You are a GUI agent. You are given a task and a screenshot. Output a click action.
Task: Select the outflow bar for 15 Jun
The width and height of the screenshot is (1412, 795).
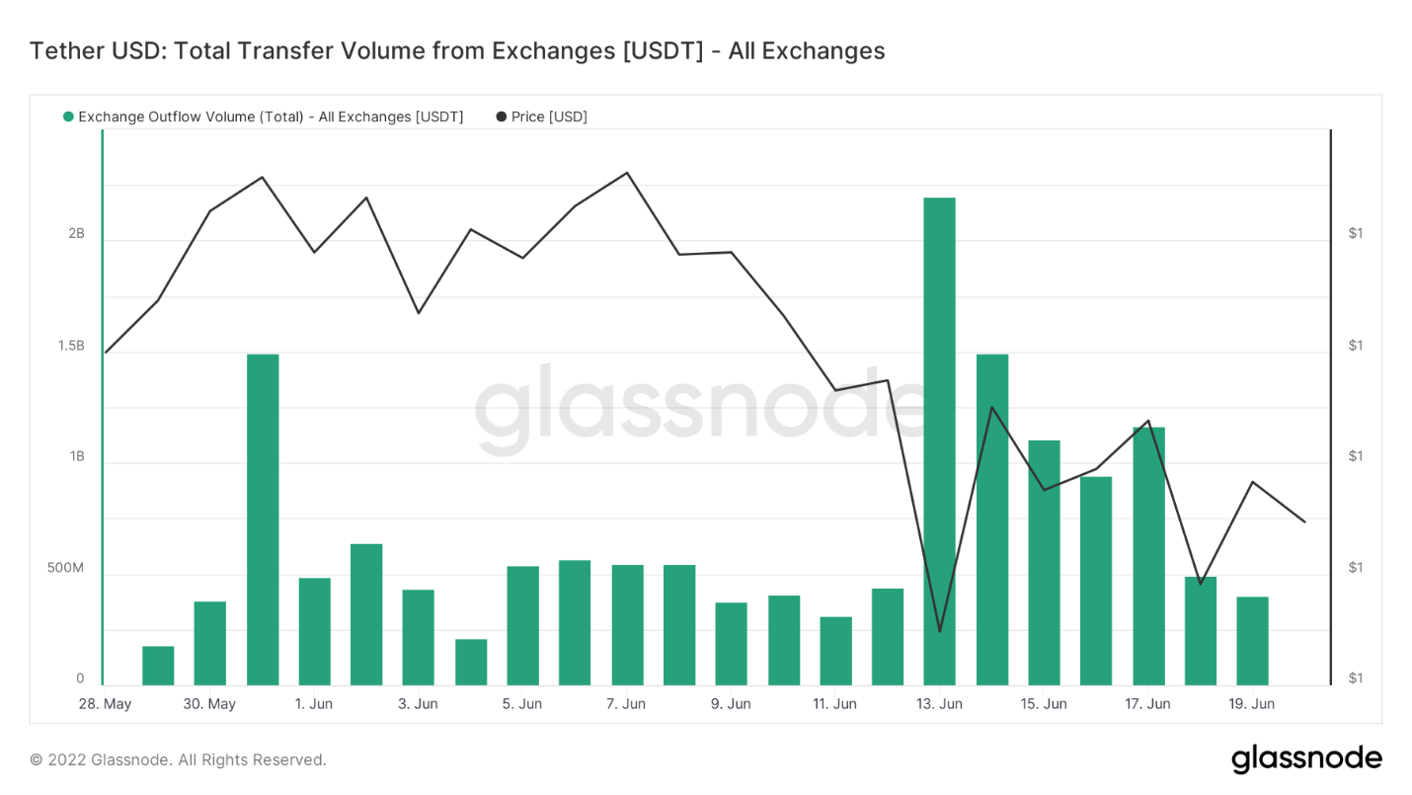coord(1044,562)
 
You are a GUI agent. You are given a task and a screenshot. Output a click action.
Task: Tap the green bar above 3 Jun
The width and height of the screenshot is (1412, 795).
coord(418,637)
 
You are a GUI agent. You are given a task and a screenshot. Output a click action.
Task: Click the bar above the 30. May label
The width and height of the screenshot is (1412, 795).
coord(210,643)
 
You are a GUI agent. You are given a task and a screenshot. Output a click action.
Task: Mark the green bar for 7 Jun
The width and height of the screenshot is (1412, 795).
coord(627,624)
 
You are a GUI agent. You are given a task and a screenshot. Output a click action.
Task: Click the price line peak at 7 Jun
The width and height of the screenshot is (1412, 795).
coord(627,173)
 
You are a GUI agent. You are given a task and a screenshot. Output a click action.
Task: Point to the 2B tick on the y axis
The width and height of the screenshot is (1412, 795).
coord(76,233)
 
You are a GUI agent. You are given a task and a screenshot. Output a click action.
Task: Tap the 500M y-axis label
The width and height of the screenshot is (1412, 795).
coord(65,568)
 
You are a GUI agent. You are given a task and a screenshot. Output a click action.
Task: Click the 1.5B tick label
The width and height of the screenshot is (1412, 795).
coord(71,346)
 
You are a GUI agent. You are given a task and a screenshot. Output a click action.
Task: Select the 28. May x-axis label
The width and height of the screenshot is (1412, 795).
coord(105,704)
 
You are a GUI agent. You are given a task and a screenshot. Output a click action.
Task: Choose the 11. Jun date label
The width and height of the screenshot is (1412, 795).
coord(834,704)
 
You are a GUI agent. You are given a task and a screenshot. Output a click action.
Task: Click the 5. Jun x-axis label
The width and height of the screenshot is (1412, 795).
coord(521,704)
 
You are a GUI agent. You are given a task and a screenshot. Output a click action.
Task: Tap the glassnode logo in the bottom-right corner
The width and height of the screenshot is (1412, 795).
coord(1305,758)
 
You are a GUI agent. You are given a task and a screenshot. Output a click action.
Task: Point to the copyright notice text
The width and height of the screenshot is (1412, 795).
coord(178,759)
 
